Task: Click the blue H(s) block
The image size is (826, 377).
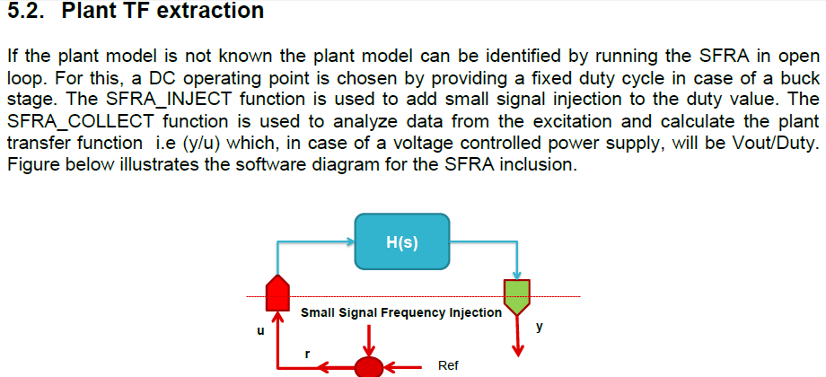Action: click(x=401, y=241)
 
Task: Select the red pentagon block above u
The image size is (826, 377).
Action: click(x=280, y=292)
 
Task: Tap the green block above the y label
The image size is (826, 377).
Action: click(x=517, y=296)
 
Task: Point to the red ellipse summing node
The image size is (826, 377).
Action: click(x=369, y=367)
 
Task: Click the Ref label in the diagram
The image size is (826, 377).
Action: click(x=448, y=366)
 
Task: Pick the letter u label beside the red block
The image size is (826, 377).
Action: click(x=259, y=330)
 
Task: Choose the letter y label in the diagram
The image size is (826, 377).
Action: click(x=539, y=328)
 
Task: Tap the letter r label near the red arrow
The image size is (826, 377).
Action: click(x=307, y=354)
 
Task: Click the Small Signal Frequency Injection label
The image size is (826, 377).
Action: click(x=400, y=312)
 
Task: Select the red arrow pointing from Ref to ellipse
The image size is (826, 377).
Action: click(x=403, y=366)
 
